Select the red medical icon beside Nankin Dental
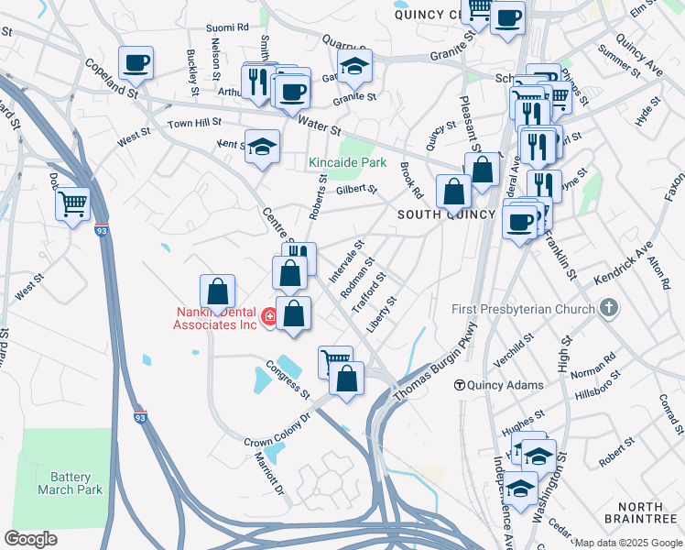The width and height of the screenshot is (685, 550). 269,317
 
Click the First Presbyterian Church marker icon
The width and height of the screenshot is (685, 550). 612,309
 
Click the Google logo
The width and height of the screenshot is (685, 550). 30,538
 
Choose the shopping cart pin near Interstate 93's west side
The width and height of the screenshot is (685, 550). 72,203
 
